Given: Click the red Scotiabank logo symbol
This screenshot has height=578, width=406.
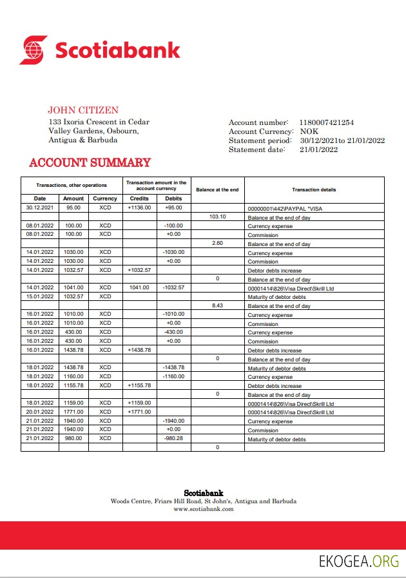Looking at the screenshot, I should tap(34, 50).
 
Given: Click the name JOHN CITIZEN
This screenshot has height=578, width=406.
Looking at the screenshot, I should tap(83, 110).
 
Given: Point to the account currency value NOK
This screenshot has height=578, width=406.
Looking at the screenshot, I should tap(309, 131).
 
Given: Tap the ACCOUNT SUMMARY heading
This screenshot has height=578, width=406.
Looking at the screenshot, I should tap(90, 163).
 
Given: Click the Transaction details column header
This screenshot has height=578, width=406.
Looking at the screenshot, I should tap(314, 189).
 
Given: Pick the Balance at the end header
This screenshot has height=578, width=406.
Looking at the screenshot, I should tap(217, 189).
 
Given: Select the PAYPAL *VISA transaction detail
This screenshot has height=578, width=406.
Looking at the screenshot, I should tap(280, 209).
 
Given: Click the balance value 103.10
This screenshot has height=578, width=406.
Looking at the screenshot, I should tap(218, 217).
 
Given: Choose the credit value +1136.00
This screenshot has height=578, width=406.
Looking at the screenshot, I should tap(139, 207).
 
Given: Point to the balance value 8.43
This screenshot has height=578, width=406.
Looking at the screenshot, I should tap(218, 305).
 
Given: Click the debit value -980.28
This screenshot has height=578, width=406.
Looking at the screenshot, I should tap(173, 438).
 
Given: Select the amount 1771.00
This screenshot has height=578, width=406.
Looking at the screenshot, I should tap(73, 411).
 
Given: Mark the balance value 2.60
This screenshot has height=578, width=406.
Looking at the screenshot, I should tap(218, 243).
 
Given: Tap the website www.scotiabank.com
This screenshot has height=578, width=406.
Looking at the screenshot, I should tap(203, 509).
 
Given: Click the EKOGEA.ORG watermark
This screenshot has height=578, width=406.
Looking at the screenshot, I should tap(359, 561).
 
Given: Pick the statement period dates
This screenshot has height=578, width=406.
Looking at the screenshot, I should tap(342, 140).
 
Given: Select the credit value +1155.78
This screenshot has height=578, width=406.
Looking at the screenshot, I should tap(139, 385).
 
